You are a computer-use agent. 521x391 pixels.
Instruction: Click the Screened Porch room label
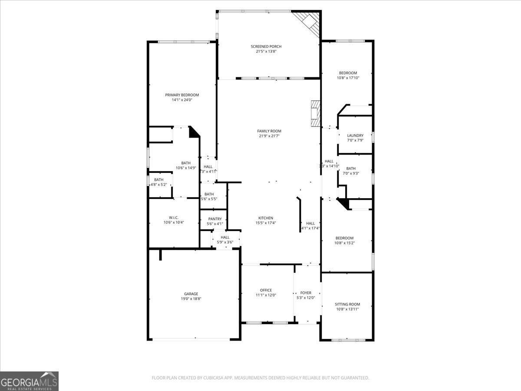(x=266, y=46)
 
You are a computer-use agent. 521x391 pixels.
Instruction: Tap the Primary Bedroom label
(x=181, y=95)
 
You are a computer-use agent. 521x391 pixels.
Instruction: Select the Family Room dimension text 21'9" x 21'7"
(x=269, y=136)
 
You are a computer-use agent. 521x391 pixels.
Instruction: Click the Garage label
(x=191, y=294)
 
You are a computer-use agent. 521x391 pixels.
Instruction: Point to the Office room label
(x=266, y=290)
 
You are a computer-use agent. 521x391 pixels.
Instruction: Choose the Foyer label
(x=306, y=293)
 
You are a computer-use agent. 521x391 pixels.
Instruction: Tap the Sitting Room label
(x=347, y=304)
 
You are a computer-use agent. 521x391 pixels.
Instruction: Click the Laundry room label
(x=355, y=136)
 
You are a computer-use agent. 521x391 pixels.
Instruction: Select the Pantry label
(x=215, y=219)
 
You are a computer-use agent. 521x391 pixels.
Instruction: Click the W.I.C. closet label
(x=174, y=218)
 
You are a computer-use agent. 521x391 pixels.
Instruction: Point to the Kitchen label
(x=266, y=218)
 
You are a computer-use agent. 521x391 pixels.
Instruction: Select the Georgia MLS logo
(x=29, y=381)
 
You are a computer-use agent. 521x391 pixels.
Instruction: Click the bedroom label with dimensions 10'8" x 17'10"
(x=348, y=73)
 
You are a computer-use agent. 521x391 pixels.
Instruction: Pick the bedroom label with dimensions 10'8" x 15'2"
(x=344, y=238)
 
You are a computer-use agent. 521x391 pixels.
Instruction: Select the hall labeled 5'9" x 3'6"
(x=225, y=237)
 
